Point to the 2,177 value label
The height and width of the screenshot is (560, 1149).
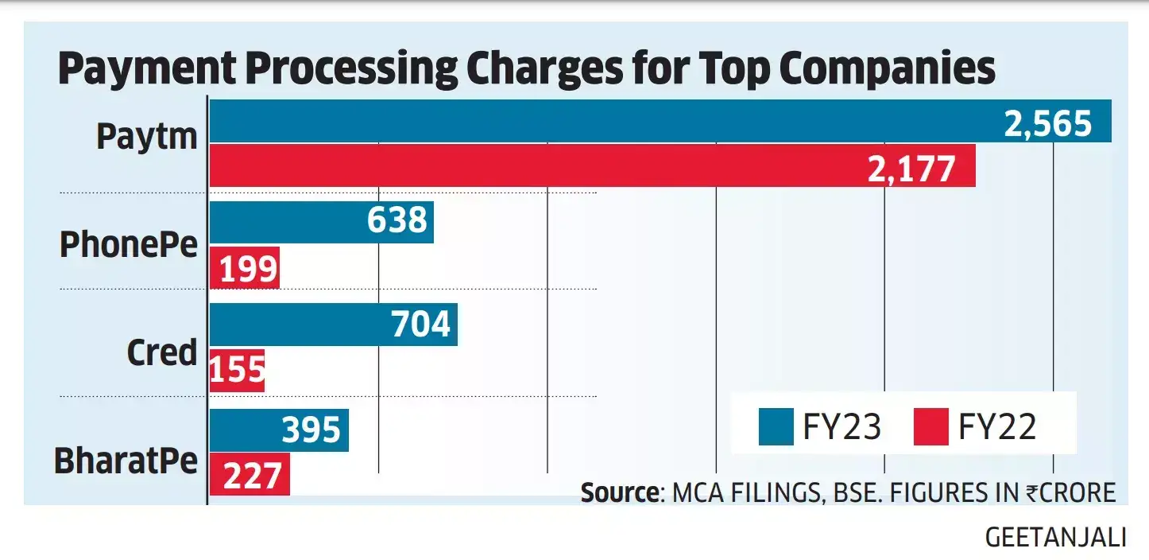(x=911, y=168)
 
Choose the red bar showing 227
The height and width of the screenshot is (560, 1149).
(x=250, y=475)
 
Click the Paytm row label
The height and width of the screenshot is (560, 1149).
(x=147, y=137)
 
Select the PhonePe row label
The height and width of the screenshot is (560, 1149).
(x=129, y=245)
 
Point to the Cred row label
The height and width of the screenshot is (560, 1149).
(x=161, y=352)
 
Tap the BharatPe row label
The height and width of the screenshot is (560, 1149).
(x=126, y=460)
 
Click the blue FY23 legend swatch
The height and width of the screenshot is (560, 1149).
(x=776, y=427)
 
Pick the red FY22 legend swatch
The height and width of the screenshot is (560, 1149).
(x=930, y=427)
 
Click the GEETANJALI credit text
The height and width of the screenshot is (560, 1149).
(x=1055, y=538)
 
